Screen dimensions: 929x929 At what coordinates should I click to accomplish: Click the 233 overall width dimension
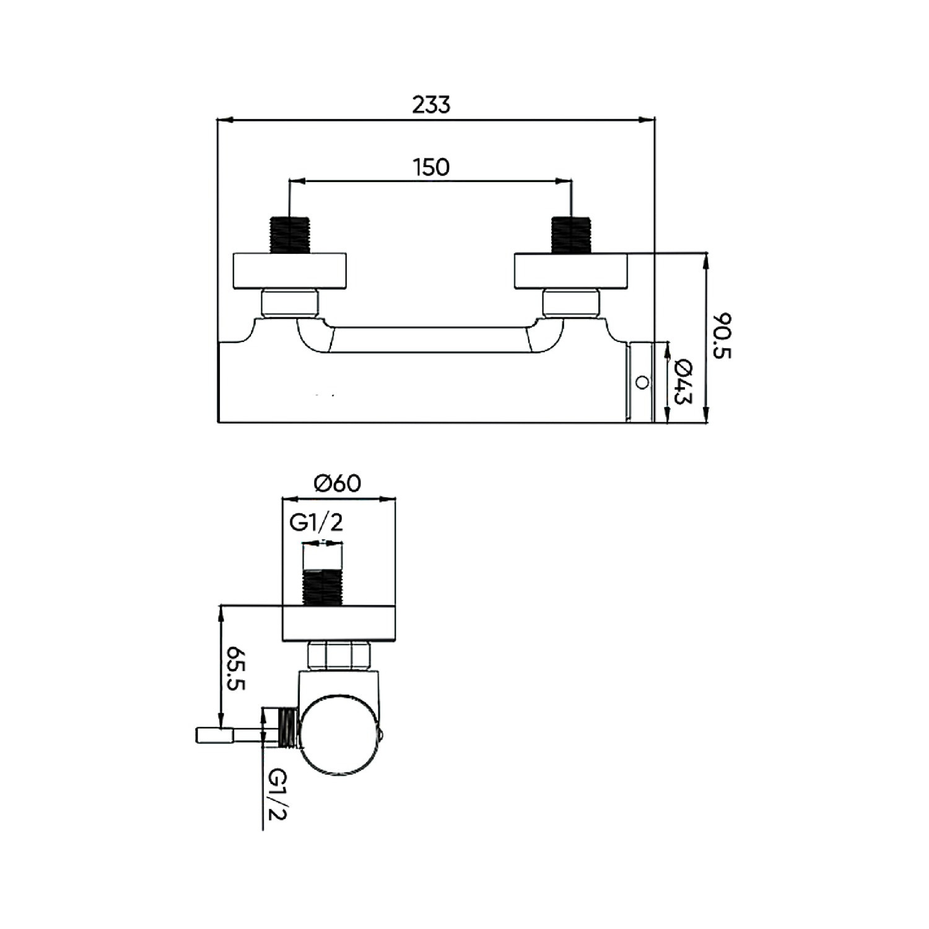coord(431,105)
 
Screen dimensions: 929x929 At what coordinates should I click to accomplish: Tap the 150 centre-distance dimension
coord(431,167)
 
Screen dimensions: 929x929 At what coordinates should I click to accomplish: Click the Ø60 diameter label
coord(338,482)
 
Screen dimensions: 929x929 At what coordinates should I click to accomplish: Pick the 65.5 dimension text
coord(237,669)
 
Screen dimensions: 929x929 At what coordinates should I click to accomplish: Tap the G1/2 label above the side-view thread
coord(316,523)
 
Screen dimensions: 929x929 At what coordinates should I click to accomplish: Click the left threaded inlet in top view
coord(290,234)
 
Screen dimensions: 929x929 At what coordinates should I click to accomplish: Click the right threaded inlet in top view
coord(571,234)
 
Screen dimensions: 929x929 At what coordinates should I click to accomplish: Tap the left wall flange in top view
coord(290,271)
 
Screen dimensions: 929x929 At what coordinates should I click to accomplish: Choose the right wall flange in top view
coord(571,271)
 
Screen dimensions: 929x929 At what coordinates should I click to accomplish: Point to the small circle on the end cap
coord(643,382)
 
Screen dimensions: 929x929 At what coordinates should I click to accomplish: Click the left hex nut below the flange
coord(290,303)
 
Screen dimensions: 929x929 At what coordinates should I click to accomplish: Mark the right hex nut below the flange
coord(571,303)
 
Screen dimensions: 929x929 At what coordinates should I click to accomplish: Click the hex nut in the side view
coord(339,655)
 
